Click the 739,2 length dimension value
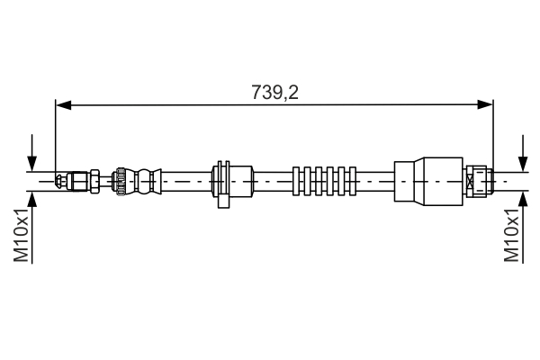274,91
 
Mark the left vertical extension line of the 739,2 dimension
56,135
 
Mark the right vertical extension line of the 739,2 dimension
493,135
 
